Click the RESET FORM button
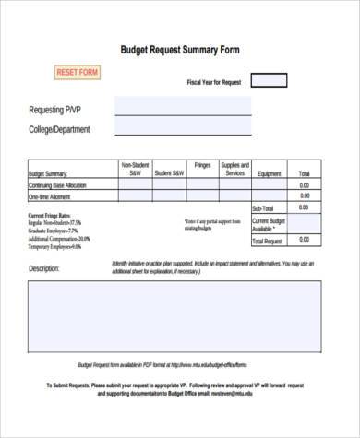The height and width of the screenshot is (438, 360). pos(78,72)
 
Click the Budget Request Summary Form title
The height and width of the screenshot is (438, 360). pos(180,51)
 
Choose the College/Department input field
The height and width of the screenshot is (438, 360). pos(182,129)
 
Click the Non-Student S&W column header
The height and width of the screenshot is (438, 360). pos(134,170)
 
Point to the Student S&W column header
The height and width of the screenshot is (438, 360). pos(169,173)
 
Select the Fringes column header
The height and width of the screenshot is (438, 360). pos(203,167)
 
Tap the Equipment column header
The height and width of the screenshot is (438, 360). pos(270,173)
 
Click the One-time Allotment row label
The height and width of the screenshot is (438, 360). pos(52,197)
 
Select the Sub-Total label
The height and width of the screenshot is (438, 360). pos(263,209)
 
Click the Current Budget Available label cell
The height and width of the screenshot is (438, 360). pos(269,224)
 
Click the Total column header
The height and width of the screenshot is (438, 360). pos(304,173)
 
